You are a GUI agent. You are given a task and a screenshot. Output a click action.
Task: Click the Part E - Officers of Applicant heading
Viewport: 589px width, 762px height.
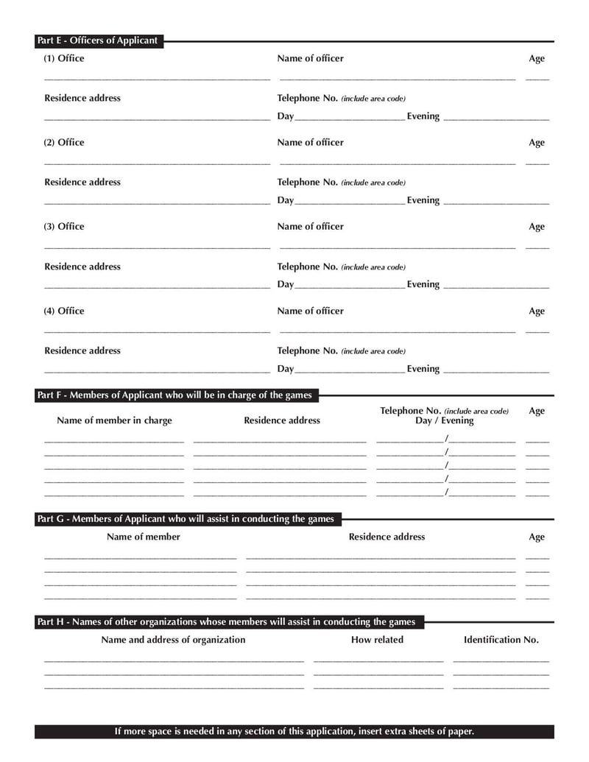98,40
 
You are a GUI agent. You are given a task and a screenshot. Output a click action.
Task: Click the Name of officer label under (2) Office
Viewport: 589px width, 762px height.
310,143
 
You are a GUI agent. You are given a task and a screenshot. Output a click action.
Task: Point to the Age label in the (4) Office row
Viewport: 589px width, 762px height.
537,311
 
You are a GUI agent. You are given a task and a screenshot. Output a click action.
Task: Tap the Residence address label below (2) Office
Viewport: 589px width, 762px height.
82,182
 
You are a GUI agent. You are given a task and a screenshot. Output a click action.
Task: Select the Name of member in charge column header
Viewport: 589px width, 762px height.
114,420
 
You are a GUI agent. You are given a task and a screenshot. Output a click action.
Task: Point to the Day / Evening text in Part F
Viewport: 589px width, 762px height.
444,421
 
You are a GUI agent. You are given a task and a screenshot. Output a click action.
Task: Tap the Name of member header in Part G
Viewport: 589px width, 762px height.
144,537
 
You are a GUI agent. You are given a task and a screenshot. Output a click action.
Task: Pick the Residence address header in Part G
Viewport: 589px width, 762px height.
387,537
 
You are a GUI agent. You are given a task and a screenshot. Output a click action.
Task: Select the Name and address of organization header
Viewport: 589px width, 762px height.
173,640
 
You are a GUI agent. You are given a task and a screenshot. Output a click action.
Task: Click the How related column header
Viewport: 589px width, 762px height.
377,640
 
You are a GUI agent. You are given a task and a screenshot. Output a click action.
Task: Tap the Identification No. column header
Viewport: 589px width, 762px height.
501,640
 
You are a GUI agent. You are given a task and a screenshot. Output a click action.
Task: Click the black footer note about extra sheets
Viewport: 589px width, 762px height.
294,731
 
